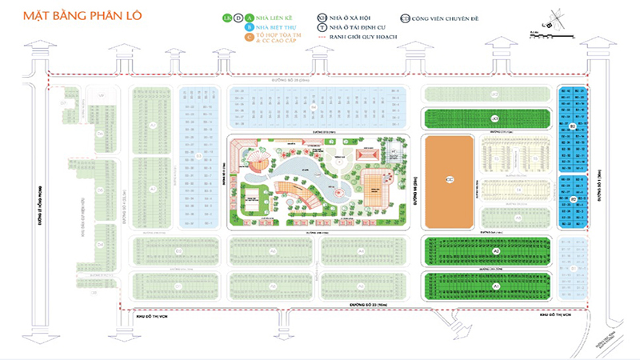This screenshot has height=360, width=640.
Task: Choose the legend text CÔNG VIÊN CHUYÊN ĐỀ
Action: point(444,16)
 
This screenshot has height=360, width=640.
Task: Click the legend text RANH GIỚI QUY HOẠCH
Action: point(354,38)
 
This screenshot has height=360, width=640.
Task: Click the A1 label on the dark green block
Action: point(496,285)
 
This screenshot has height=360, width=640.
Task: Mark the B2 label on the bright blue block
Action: point(573,126)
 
